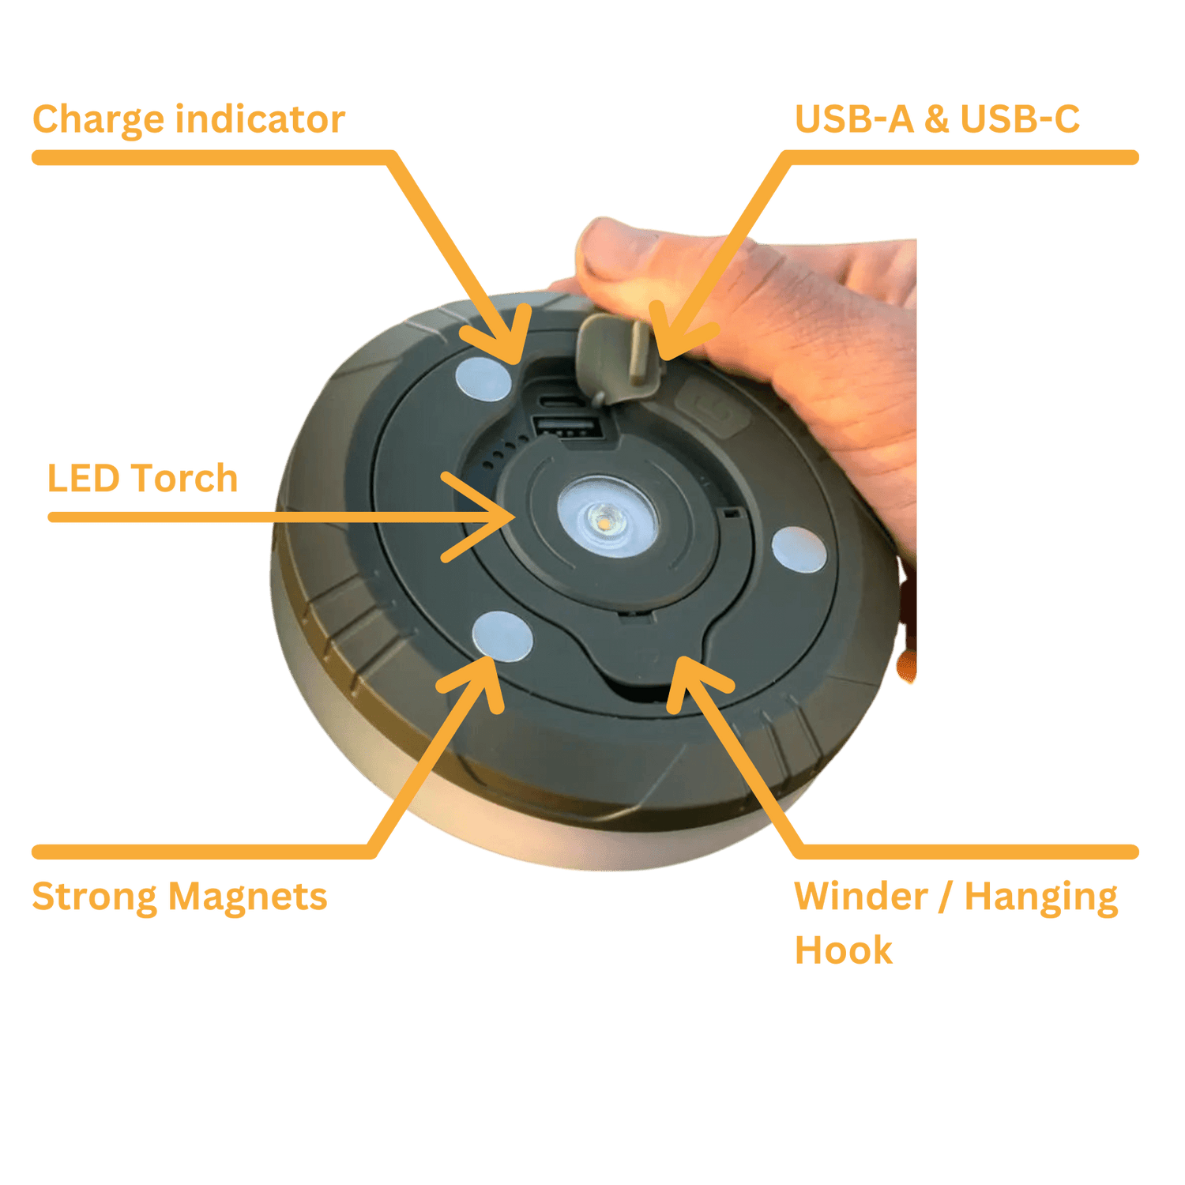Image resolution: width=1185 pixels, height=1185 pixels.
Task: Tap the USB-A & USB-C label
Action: pos(937,119)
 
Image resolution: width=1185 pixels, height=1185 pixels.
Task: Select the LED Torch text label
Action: pos(143,479)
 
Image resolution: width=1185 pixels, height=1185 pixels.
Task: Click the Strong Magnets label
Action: pos(179,897)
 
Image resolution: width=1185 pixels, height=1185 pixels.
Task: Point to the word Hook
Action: pos(843,950)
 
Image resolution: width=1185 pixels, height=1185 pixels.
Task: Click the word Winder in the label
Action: pos(861,897)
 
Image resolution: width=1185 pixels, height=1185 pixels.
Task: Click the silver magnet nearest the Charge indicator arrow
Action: pos(483,378)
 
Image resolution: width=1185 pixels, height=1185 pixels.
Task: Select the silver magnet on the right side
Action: pos(799,550)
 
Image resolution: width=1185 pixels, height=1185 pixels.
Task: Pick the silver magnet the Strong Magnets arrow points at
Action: pos(502,636)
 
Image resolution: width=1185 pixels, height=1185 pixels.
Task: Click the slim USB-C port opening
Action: pos(562,401)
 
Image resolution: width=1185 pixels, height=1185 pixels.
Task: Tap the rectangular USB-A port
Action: pos(567,427)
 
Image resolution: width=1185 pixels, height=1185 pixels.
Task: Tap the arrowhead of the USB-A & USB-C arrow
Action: pos(671,340)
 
